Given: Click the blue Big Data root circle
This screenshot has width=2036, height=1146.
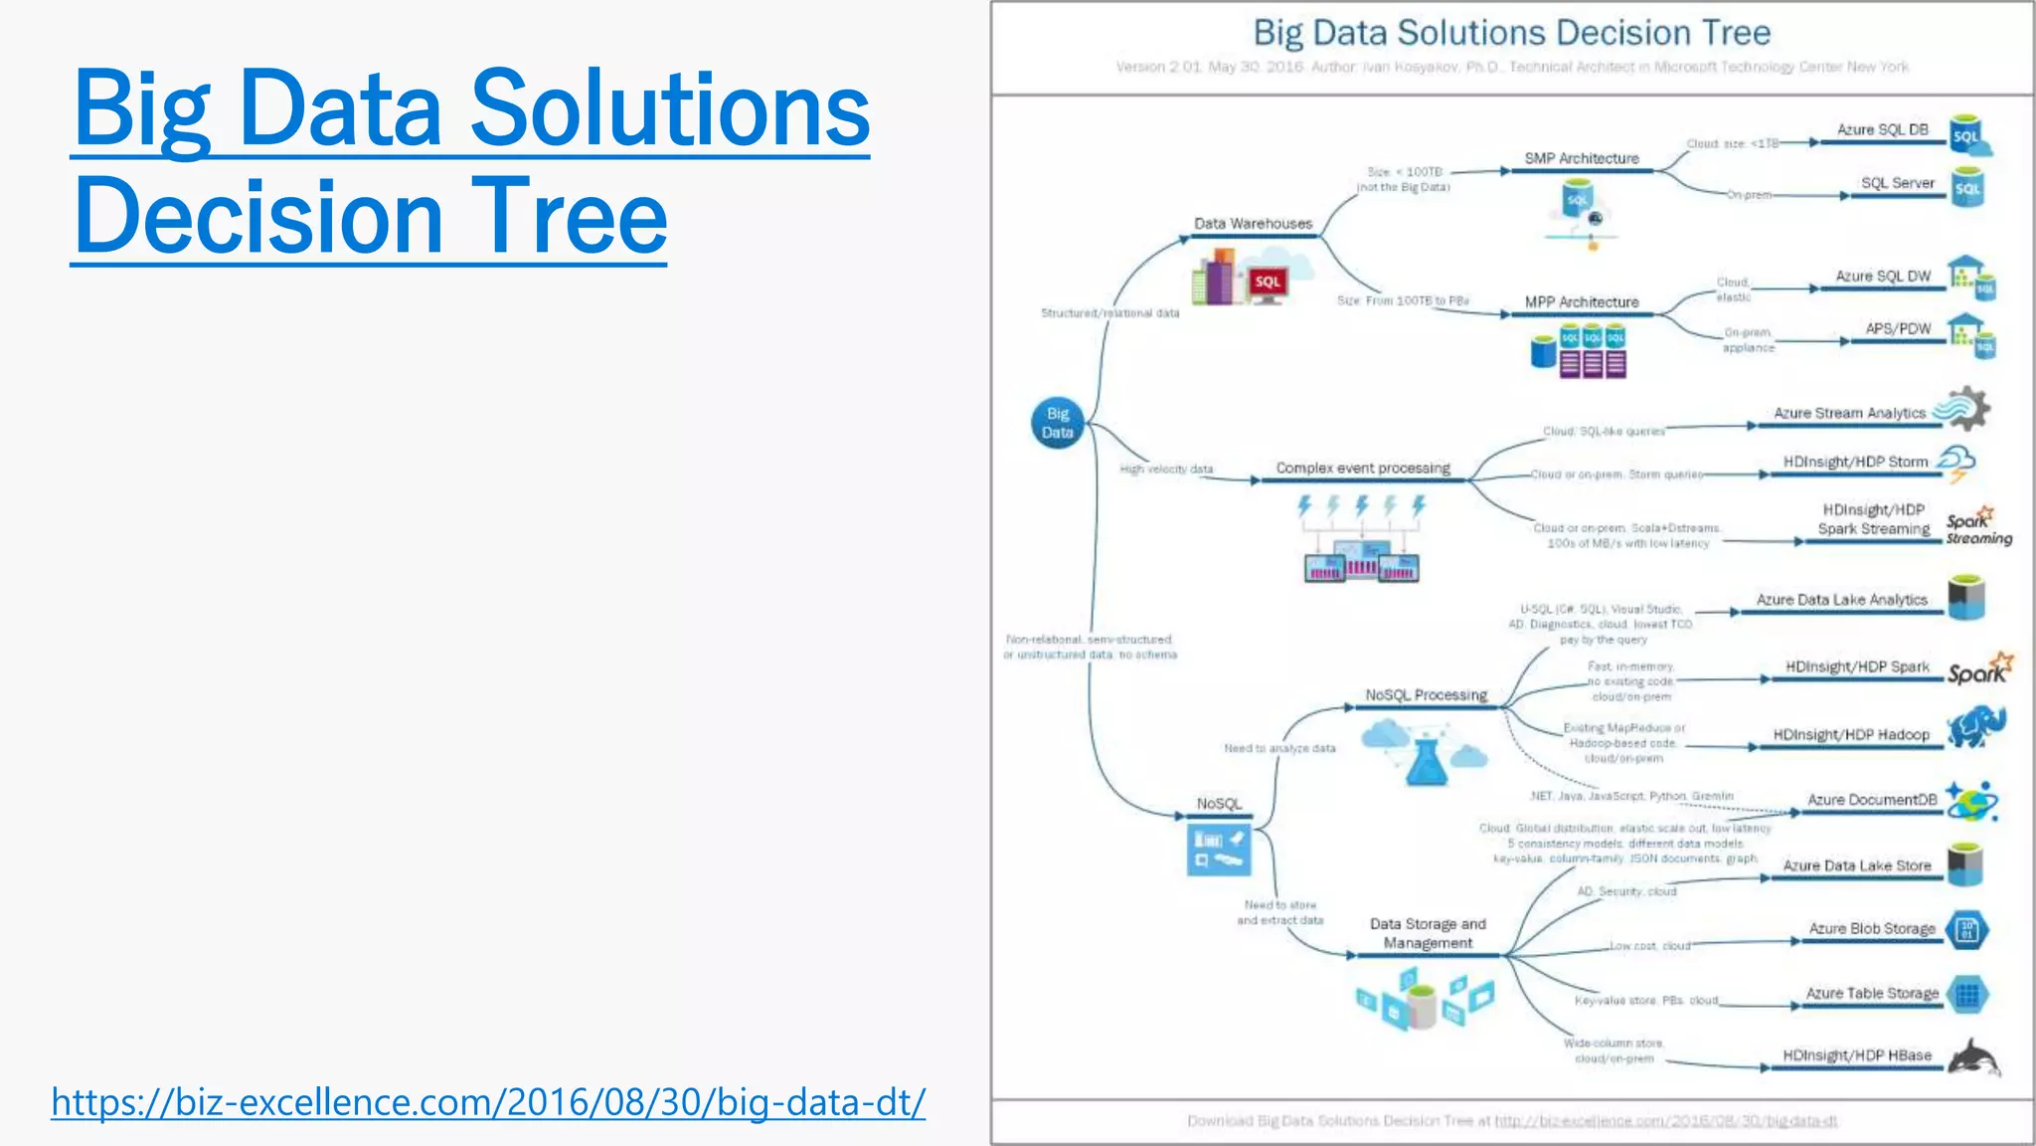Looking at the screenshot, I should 1057,423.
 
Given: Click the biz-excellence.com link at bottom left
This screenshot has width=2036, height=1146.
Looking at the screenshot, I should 488,1102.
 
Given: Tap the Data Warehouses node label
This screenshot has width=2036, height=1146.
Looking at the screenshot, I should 1253,224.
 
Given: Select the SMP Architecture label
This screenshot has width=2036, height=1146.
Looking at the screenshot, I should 1582,158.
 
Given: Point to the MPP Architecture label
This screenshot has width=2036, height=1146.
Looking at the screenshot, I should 1582,302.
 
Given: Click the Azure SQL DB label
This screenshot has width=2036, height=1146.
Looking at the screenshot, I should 1882,130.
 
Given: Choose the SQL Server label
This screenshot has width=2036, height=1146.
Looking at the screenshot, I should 1897,183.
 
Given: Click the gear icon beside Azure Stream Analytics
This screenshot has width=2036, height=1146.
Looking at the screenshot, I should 1966,409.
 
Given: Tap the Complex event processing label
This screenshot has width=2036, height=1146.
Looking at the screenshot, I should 1363,468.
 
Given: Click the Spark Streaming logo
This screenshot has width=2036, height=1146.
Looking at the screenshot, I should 1977,527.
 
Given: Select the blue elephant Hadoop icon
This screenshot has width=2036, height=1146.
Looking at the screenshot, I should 1975,728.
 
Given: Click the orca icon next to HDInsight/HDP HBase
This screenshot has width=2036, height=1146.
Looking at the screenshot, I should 1974,1057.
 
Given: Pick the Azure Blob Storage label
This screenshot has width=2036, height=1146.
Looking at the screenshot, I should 1872,929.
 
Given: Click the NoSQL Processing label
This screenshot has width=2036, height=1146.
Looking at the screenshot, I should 1426,695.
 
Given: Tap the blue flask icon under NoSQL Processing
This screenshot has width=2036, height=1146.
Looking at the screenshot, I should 1427,761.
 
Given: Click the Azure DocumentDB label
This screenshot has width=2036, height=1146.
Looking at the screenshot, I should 1872,800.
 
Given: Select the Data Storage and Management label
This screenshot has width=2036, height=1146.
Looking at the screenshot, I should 1428,933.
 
